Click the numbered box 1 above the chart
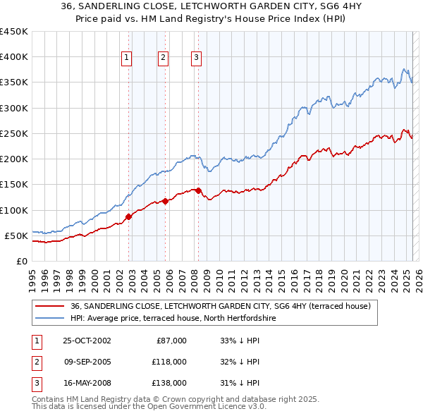pos(127,59)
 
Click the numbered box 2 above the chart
pos(163,59)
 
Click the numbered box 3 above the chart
pos(196,59)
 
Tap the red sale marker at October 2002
pos(128,216)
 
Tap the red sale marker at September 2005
pos(164,201)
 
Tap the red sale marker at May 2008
pos(198,190)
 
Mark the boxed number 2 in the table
pos(35,362)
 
